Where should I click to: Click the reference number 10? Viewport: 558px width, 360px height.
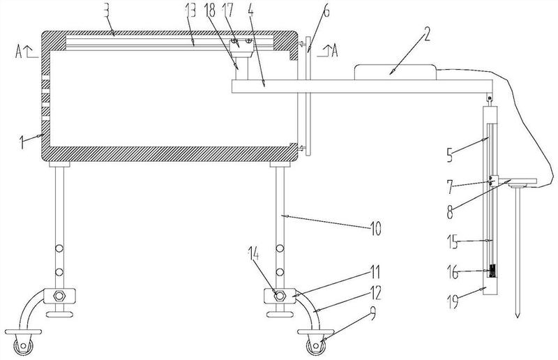click(375, 228)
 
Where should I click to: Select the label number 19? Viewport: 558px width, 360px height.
click(452, 302)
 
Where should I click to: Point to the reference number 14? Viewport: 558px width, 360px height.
click(254, 254)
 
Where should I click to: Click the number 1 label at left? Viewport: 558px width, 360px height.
click(22, 142)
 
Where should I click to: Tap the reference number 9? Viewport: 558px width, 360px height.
click(372, 314)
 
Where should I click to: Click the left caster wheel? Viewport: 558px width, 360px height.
click(24, 346)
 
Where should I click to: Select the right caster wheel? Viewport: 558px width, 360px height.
click(316, 346)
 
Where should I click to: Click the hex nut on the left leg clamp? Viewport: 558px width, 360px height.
click(59, 296)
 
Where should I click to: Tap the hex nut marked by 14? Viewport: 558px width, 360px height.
click(280, 296)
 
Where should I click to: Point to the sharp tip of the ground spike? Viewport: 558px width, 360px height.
click(518, 317)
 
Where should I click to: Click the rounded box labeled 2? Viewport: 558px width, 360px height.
click(395, 73)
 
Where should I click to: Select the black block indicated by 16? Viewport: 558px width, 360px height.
click(492, 271)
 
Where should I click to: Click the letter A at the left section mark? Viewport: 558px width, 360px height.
click(19, 52)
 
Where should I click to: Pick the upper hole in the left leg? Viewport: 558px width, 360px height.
click(59, 248)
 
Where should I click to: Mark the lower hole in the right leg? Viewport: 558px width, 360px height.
click(280, 272)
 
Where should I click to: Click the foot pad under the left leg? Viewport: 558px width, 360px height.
click(59, 314)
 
